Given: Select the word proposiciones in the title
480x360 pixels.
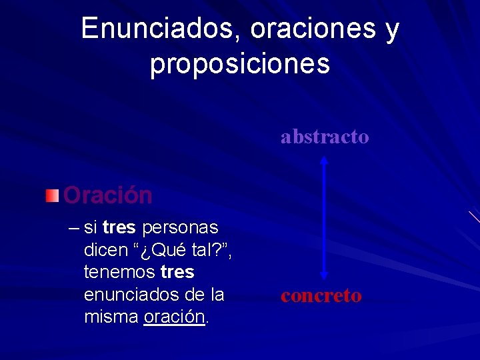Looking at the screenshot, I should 240,64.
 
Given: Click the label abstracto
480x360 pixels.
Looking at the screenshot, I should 325,137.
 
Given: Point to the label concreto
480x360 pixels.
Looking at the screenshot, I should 321,295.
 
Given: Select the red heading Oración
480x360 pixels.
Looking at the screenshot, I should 108,195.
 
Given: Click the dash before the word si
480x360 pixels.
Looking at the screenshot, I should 73,228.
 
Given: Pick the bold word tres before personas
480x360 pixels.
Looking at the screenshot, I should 120,228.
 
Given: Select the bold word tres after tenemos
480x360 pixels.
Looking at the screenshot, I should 177,272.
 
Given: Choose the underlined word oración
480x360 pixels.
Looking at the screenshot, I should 174,316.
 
